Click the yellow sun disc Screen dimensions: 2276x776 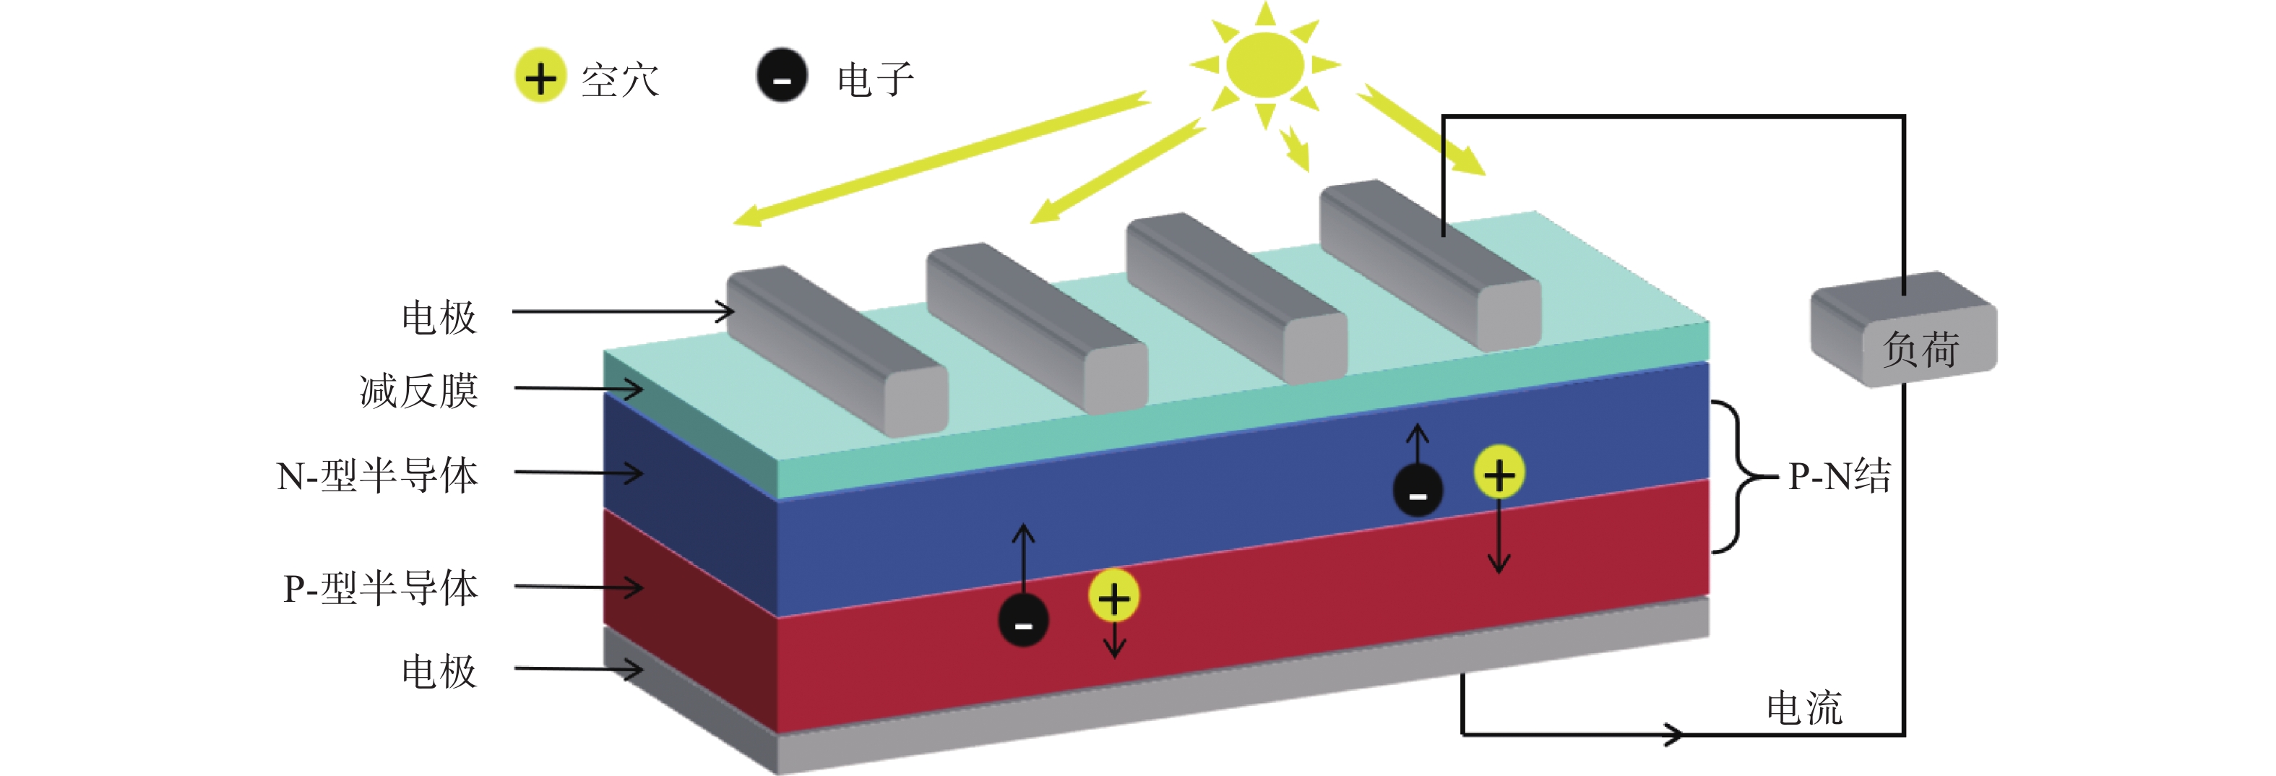click(1264, 64)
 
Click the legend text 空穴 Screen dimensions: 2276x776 click(620, 79)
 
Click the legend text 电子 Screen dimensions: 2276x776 click(875, 79)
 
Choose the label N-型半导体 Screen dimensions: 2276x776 click(377, 475)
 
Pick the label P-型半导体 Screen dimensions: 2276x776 click(380, 587)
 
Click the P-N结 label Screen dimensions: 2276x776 click(1840, 476)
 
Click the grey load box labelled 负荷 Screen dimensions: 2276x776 click(1904, 328)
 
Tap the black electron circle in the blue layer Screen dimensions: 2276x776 click(1417, 491)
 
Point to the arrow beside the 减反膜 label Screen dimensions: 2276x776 click(579, 388)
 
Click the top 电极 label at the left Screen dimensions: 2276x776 click(439, 317)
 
